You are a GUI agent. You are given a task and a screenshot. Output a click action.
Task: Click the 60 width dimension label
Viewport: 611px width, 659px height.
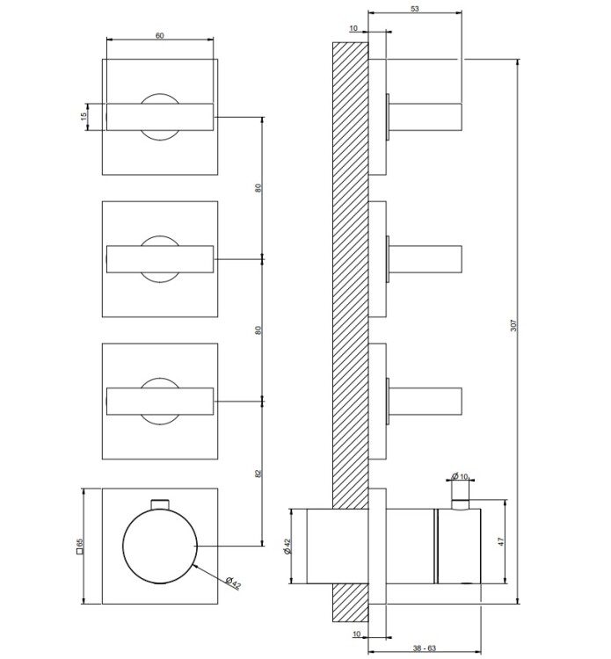tap(160, 36)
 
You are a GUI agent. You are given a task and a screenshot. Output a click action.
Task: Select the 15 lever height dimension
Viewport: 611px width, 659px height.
tap(84, 115)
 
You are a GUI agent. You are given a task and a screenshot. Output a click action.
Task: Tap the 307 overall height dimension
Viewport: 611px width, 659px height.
tap(513, 325)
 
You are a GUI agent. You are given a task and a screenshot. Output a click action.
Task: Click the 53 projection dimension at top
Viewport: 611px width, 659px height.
tap(415, 9)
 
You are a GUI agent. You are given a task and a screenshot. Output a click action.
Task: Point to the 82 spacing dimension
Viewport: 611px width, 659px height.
tap(258, 474)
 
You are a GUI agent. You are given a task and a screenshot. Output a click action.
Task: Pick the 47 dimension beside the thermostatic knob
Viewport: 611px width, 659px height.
tap(501, 542)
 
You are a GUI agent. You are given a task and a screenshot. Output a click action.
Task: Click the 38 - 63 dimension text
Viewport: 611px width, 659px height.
tap(425, 648)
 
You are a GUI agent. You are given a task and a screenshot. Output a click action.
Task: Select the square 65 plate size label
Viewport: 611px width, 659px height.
tap(79, 547)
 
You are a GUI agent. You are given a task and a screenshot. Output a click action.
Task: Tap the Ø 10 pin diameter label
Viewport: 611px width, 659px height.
tap(460, 476)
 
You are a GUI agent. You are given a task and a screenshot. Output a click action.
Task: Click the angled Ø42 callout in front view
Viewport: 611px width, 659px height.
tap(233, 583)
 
